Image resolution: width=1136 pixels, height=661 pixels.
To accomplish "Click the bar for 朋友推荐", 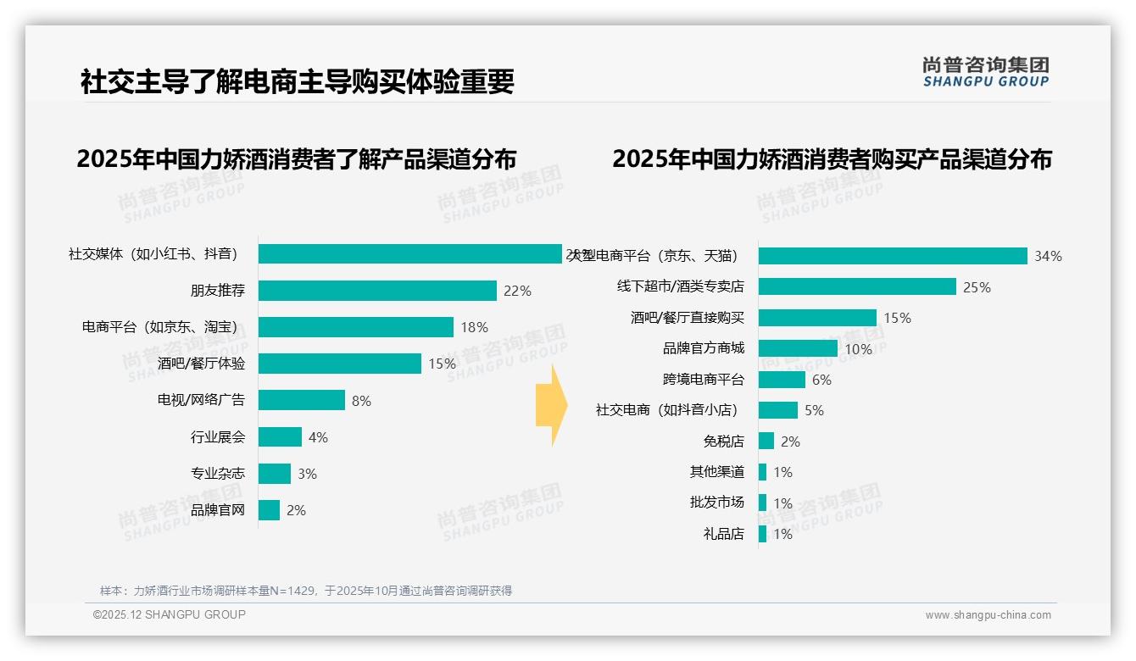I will (377, 291).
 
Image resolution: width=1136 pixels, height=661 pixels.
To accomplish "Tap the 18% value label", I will (474, 327).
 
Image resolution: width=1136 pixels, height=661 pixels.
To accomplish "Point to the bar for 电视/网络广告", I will (302, 400).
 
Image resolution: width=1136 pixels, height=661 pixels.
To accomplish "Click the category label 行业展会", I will (218, 437).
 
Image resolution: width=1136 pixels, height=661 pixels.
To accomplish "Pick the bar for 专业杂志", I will (275, 474).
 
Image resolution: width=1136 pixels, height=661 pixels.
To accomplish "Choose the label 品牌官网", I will (218, 510).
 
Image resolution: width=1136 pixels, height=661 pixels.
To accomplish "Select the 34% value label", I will (1048, 256).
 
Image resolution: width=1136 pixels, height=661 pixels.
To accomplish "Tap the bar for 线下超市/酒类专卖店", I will (857, 287).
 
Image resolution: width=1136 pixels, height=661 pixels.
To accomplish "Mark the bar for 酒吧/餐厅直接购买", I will (817, 318).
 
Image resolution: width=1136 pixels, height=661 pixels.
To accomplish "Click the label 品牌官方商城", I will (704, 348).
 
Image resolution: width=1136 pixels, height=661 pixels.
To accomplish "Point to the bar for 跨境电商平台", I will (782, 380).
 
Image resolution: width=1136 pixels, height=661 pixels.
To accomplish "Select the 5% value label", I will (814, 411).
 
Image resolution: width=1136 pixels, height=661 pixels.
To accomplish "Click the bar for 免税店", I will (766, 442).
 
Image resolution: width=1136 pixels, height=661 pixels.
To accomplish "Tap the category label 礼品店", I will (723, 534).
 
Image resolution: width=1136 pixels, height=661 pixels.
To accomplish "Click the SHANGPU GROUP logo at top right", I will (986, 71).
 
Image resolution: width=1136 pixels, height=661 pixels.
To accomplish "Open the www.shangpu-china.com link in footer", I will (988, 615).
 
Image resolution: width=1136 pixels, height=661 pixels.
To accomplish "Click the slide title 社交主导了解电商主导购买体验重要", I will (298, 82).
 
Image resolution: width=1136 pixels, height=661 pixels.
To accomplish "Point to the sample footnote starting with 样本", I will (306, 591).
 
